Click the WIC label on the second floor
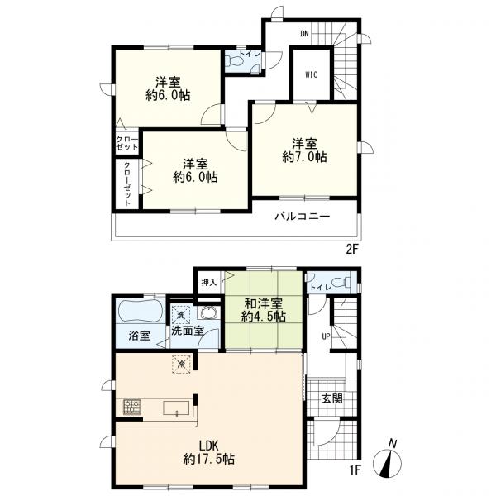312,75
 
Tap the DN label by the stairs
304,34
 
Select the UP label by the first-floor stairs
326,336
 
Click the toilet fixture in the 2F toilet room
235,60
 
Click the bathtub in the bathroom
141,311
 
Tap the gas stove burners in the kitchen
132,407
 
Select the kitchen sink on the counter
176,408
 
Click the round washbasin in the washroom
209,312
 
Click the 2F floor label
352,250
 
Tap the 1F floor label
355,470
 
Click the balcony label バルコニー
302,217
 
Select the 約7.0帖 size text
304,157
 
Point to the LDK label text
209,446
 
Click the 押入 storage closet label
209,283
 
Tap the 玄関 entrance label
331,398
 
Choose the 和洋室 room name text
264,303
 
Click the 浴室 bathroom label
140,336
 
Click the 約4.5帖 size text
264,317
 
